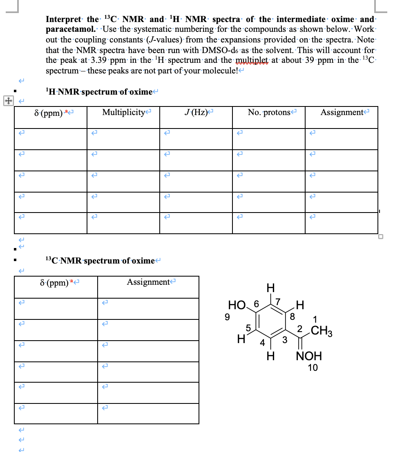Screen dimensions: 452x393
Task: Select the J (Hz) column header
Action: tap(195, 112)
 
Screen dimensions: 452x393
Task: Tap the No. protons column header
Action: tap(269, 112)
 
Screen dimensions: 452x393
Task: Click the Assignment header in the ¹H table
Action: tap(342, 112)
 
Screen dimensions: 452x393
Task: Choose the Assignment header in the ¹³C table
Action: tap(148, 282)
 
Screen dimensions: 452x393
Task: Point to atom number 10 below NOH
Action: tap(313, 368)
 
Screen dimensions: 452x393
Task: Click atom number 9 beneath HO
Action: tap(227, 317)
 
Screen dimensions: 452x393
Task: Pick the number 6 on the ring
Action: tap(256, 304)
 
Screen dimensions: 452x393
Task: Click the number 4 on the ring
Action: tap(263, 342)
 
